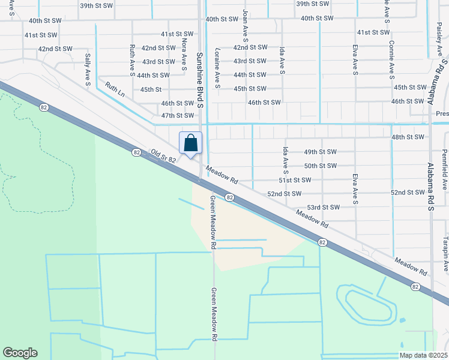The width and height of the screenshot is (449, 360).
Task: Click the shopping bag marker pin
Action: coord(190,144)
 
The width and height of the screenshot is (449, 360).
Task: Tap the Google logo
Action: coord(20,353)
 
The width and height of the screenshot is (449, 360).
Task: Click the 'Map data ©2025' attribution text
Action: coord(423,355)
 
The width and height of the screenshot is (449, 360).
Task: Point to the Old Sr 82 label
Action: coord(163,156)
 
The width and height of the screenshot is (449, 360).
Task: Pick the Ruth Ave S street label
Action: coord(132,60)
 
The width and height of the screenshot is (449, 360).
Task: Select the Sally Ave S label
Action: coord(88,69)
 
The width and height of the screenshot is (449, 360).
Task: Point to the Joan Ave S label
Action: coord(245,29)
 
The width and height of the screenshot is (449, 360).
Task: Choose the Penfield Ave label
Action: coord(445,170)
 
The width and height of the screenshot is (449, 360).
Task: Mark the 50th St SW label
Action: coord(319,166)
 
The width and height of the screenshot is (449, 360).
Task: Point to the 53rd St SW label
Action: coord(324,207)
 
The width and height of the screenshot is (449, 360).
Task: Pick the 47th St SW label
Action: coord(178,115)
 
